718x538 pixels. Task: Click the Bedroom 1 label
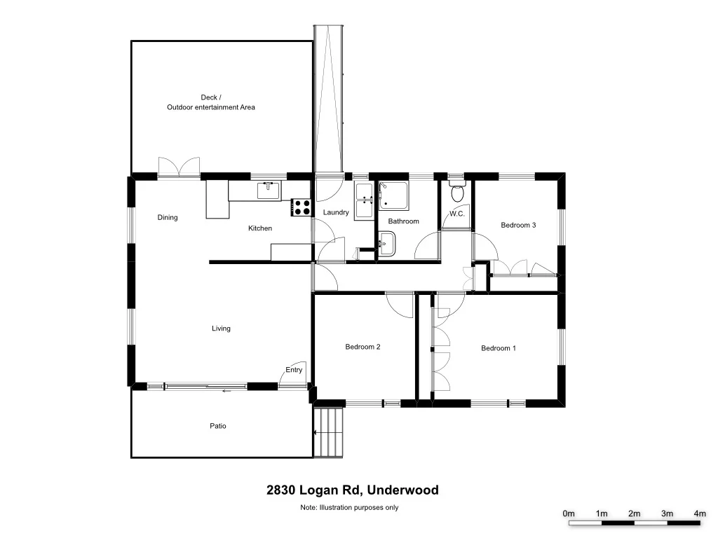(498, 348)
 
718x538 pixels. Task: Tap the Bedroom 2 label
(363, 347)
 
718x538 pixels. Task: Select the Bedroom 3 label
(518, 225)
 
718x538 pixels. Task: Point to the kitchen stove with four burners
(302, 207)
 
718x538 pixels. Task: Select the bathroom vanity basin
(386, 244)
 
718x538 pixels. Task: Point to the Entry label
(294, 370)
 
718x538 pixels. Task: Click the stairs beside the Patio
(329, 432)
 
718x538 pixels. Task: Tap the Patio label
(218, 426)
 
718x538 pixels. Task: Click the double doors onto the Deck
(179, 167)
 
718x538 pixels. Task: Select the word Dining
(168, 217)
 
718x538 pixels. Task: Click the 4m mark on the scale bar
(699, 514)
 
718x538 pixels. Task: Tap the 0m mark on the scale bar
(569, 514)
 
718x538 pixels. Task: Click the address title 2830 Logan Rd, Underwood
(352, 490)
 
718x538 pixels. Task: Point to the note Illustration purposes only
(348, 507)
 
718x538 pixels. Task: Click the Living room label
(221, 329)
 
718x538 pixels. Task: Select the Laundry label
(336, 212)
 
